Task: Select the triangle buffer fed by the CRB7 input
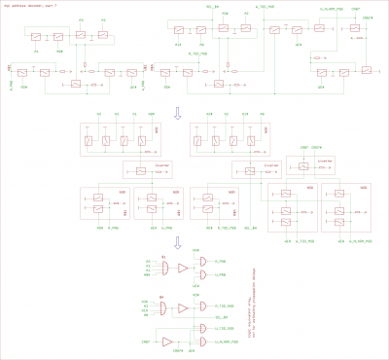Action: (x=167, y=342)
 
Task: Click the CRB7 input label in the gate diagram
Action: (x=145, y=342)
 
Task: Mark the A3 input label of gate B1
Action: (x=148, y=261)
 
